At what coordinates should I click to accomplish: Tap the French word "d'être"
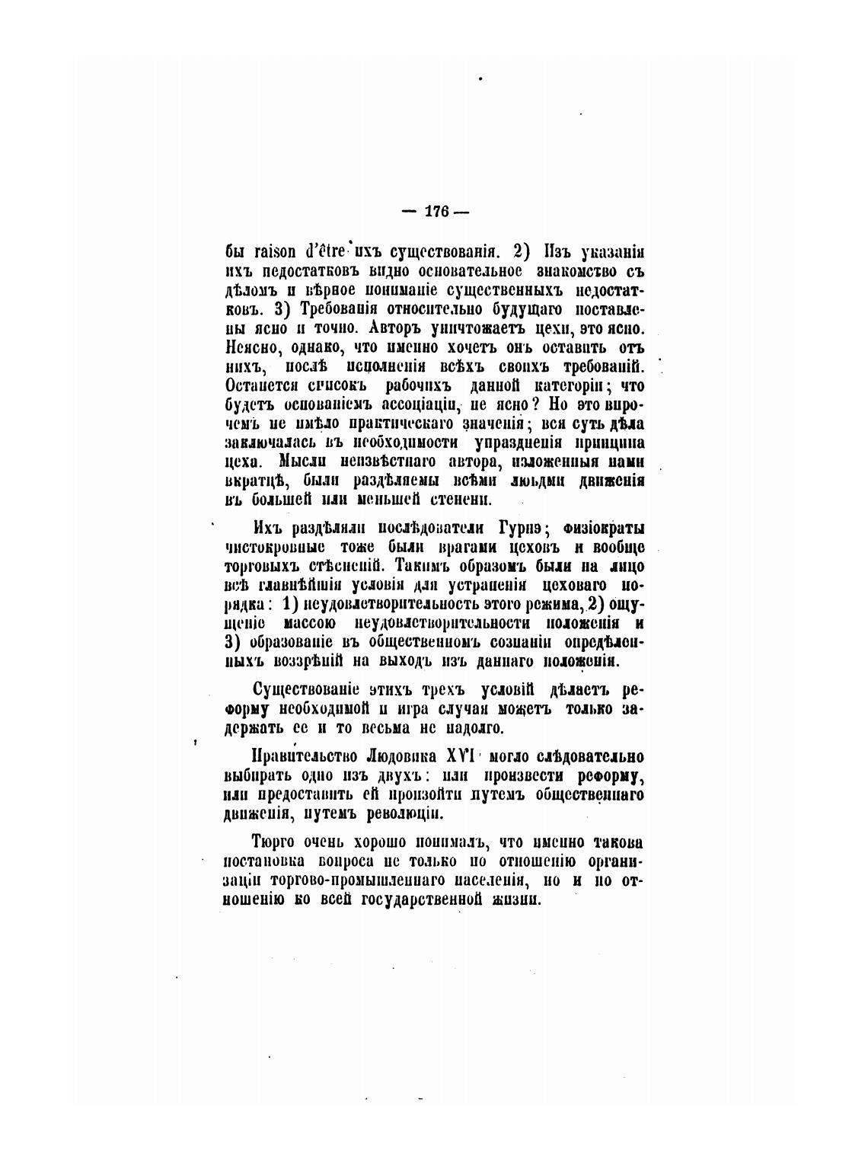click(x=327, y=251)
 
